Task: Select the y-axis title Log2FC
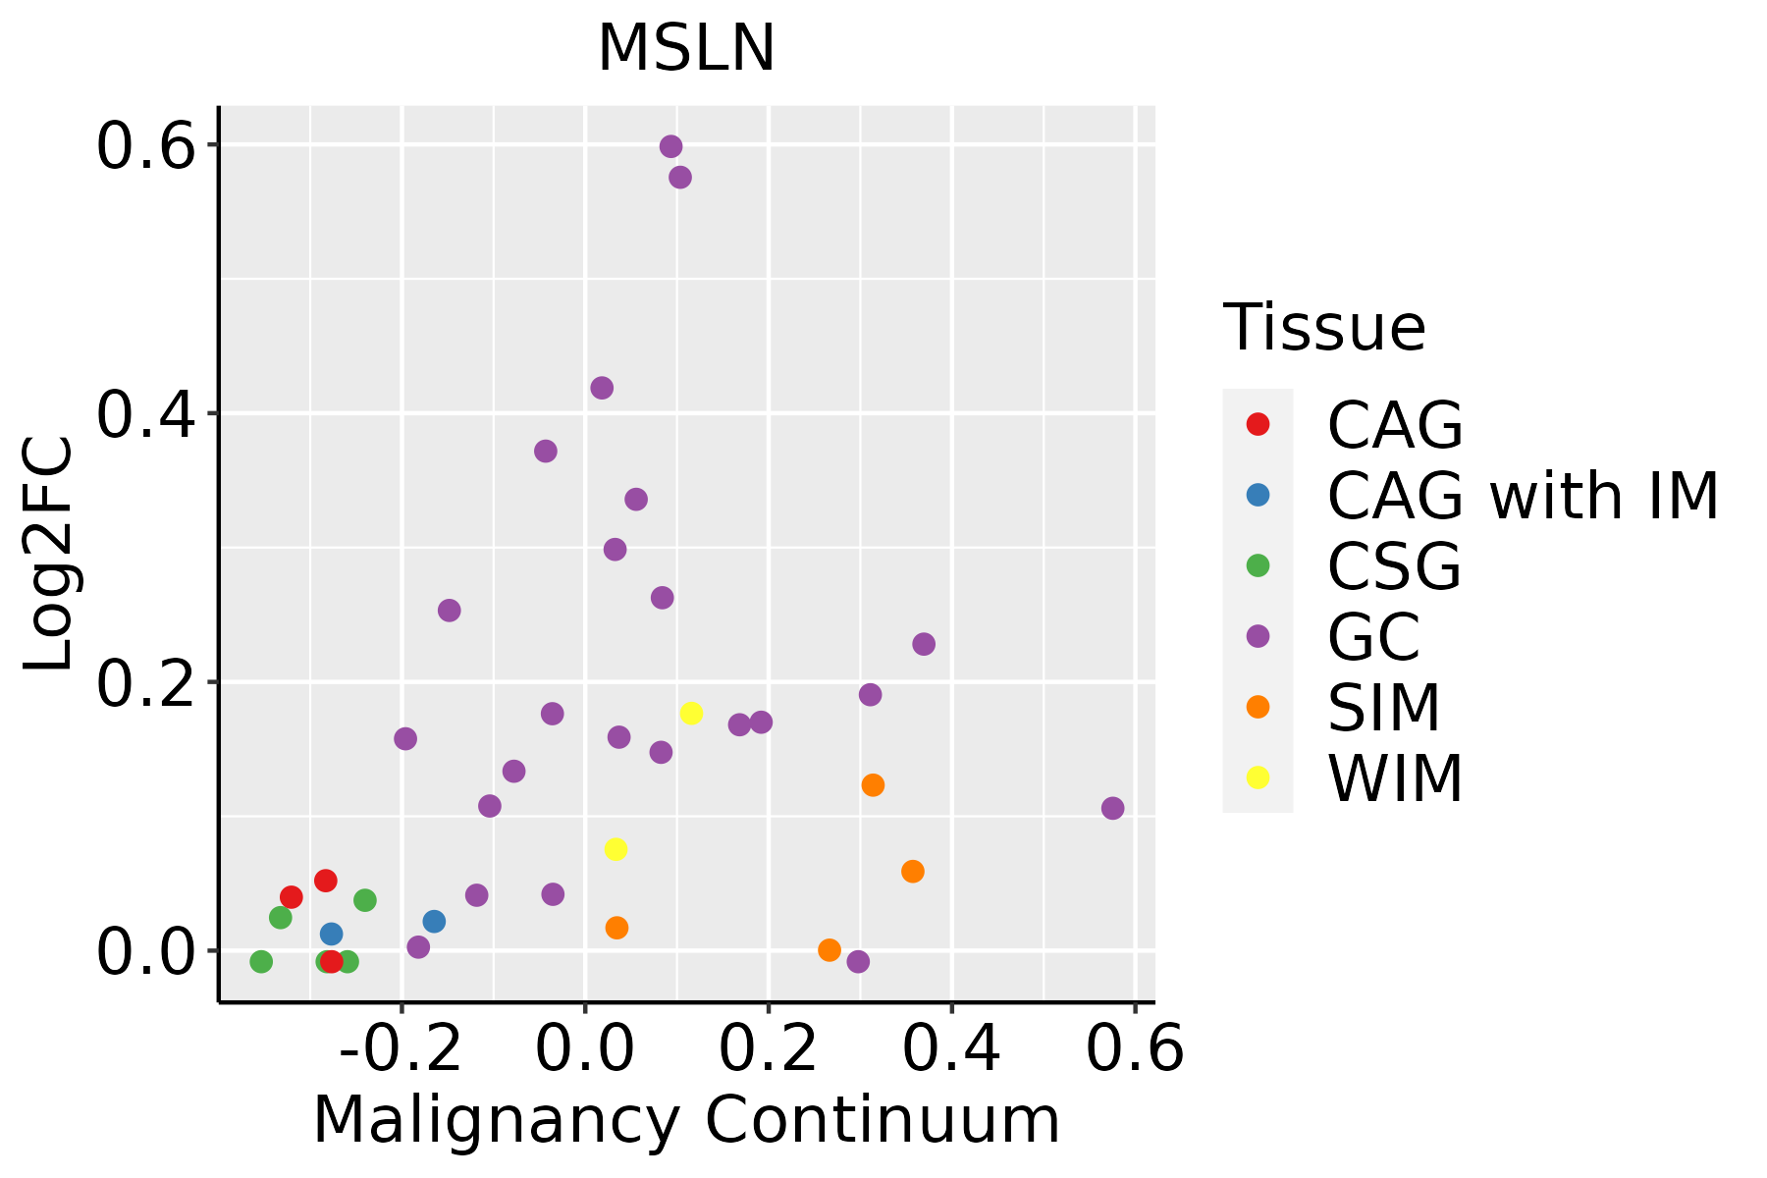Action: point(49,555)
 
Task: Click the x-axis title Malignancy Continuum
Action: point(686,1120)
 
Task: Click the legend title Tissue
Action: point(1324,328)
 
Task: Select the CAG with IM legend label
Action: point(1523,496)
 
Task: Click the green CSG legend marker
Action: point(1258,565)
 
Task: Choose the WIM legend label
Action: point(1395,778)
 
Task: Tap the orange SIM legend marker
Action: point(1258,707)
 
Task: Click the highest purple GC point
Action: point(671,146)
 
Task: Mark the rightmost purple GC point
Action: point(1112,808)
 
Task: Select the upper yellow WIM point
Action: point(691,713)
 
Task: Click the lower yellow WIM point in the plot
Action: point(616,849)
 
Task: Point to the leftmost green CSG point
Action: point(261,961)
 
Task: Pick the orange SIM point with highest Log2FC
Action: point(873,784)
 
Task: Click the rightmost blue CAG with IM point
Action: point(434,921)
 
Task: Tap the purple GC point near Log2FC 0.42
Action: point(602,388)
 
